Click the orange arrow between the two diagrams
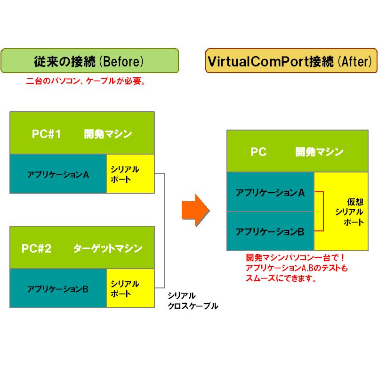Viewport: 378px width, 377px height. (x=195, y=208)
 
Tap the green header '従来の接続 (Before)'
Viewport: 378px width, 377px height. (x=89, y=61)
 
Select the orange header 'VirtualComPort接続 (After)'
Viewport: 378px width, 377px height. (x=291, y=61)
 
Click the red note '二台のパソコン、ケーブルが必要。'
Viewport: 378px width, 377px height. (x=85, y=81)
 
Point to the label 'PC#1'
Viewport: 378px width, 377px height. (x=47, y=134)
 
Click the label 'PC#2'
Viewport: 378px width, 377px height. (x=36, y=248)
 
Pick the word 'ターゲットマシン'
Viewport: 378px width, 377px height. (x=108, y=248)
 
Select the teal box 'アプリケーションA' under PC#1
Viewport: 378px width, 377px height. (x=58, y=174)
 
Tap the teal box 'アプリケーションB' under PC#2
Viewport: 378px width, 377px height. (x=58, y=288)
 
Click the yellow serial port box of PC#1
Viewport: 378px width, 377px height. (x=130, y=174)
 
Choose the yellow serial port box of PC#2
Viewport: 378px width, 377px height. (x=130, y=288)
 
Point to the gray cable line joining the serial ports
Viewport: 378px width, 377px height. (x=164, y=231)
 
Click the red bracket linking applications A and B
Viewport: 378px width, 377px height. (x=322, y=212)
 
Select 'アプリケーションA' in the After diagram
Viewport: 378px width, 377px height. (x=270, y=192)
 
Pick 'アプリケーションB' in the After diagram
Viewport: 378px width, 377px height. (x=270, y=231)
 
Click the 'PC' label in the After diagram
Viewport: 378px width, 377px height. (x=258, y=152)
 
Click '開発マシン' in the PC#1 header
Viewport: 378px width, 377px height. (x=108, y=134)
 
